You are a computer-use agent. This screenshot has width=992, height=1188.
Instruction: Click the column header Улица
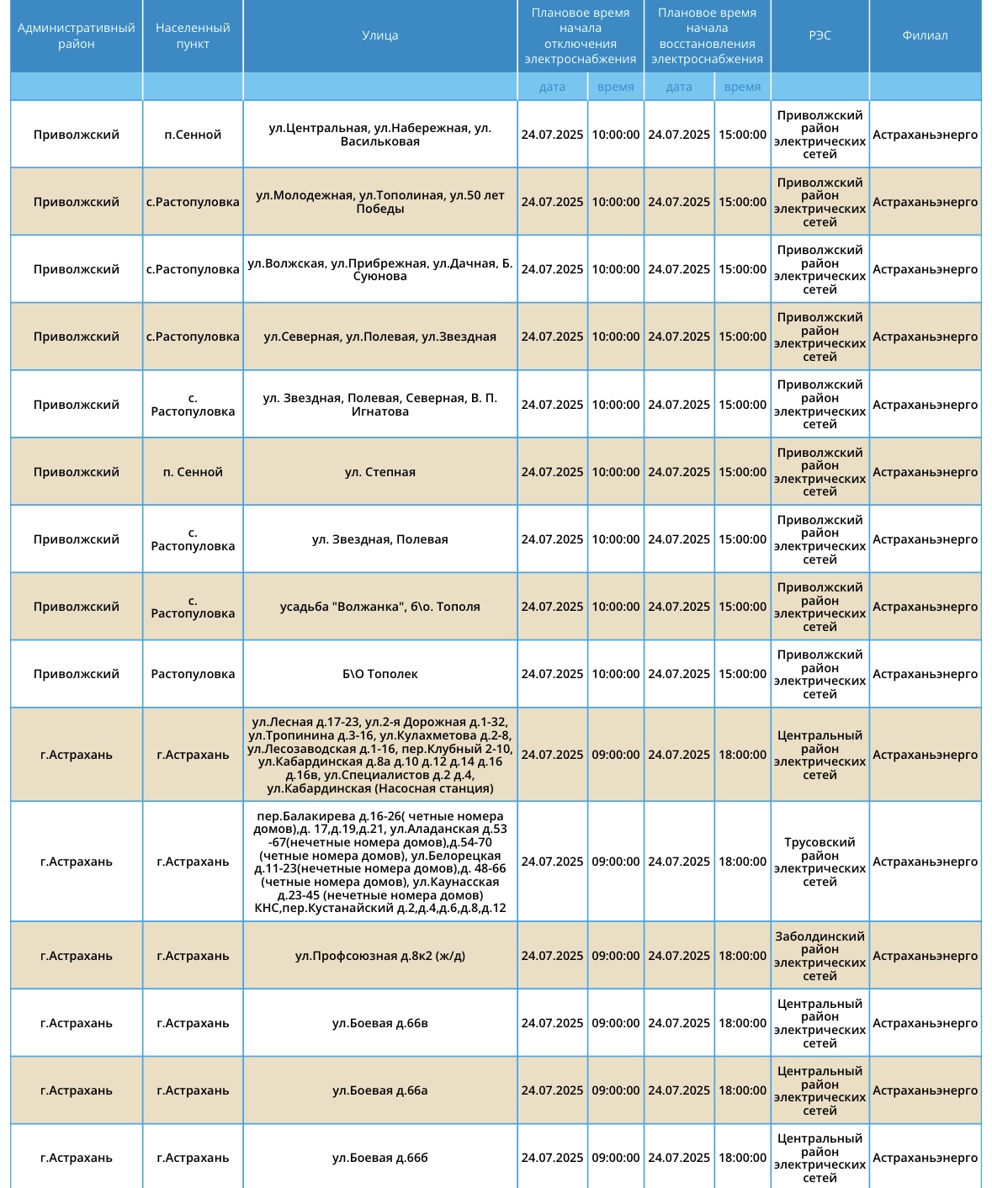(x=379, y=35)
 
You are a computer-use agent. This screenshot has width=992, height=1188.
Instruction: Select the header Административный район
(x=76, y=35)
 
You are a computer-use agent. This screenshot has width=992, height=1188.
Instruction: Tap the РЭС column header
(x=820, y=35)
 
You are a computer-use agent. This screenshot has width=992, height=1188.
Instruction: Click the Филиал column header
(x=925, y=35)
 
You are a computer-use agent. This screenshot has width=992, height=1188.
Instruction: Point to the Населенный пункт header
(x=193, y=35)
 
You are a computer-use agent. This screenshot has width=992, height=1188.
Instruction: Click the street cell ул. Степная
(x=379, y=472)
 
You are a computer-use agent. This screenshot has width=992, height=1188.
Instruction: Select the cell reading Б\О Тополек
(x=379, y=674)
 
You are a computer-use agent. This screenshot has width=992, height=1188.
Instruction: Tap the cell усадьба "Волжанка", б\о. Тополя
(x=379, y=607)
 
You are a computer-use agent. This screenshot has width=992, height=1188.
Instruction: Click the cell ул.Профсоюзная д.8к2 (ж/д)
(x=379, y=956)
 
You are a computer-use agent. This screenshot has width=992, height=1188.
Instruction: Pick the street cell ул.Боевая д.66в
(x=379, y=1023)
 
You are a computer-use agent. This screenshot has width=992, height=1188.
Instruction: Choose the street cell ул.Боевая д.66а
(x=379, y=1090)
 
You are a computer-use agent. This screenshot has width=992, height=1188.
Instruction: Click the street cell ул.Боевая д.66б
(x=379, y=1158)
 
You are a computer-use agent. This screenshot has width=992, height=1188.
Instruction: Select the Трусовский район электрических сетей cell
(x=820, y=862)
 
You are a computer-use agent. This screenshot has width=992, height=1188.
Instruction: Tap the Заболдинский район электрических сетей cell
(x=820, y=956)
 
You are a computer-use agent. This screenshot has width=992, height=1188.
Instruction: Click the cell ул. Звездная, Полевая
(x=379, y=539)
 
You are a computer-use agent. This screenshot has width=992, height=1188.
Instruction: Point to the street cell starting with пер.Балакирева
(x=379, y=862)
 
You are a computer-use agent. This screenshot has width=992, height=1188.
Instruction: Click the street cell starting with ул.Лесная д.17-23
(x=379, y=755)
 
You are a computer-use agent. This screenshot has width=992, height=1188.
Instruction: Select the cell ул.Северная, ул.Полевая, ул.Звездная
(x=379, y=337)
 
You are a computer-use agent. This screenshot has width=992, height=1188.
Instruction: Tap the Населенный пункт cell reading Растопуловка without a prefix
(x=193, y=674)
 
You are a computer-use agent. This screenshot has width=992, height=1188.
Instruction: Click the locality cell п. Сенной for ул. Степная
(x=193, y=472)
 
